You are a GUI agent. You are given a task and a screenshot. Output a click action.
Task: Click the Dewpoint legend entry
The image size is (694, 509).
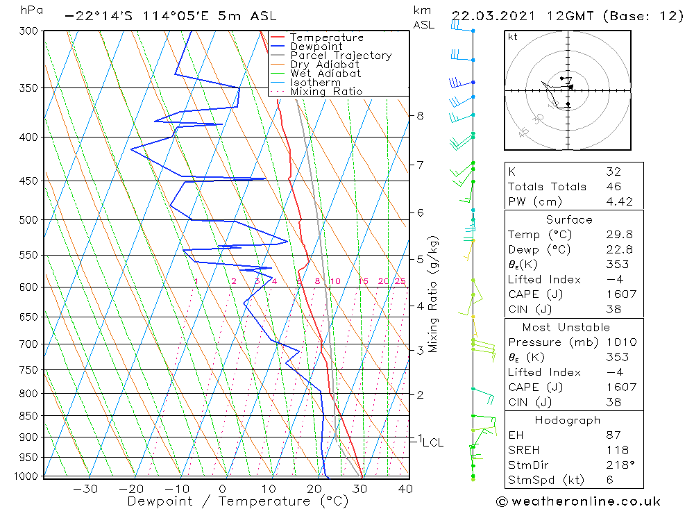point(316,47)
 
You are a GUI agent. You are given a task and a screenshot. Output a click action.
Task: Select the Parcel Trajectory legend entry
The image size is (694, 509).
point(341,56)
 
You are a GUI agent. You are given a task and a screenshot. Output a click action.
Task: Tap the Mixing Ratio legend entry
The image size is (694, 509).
point(326,92)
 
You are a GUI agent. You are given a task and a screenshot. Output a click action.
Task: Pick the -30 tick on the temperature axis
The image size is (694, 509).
point(85,489)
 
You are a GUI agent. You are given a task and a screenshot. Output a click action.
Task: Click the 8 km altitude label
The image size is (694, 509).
point(420,116)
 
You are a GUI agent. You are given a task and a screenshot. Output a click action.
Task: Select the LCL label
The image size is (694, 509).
point(432,442)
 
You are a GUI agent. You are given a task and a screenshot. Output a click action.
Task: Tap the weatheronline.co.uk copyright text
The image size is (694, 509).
point(578,501)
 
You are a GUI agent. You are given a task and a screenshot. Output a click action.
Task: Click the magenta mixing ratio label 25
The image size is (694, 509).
point(400,281)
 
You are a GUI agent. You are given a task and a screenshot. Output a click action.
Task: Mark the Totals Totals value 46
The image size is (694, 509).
point(613,186)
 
